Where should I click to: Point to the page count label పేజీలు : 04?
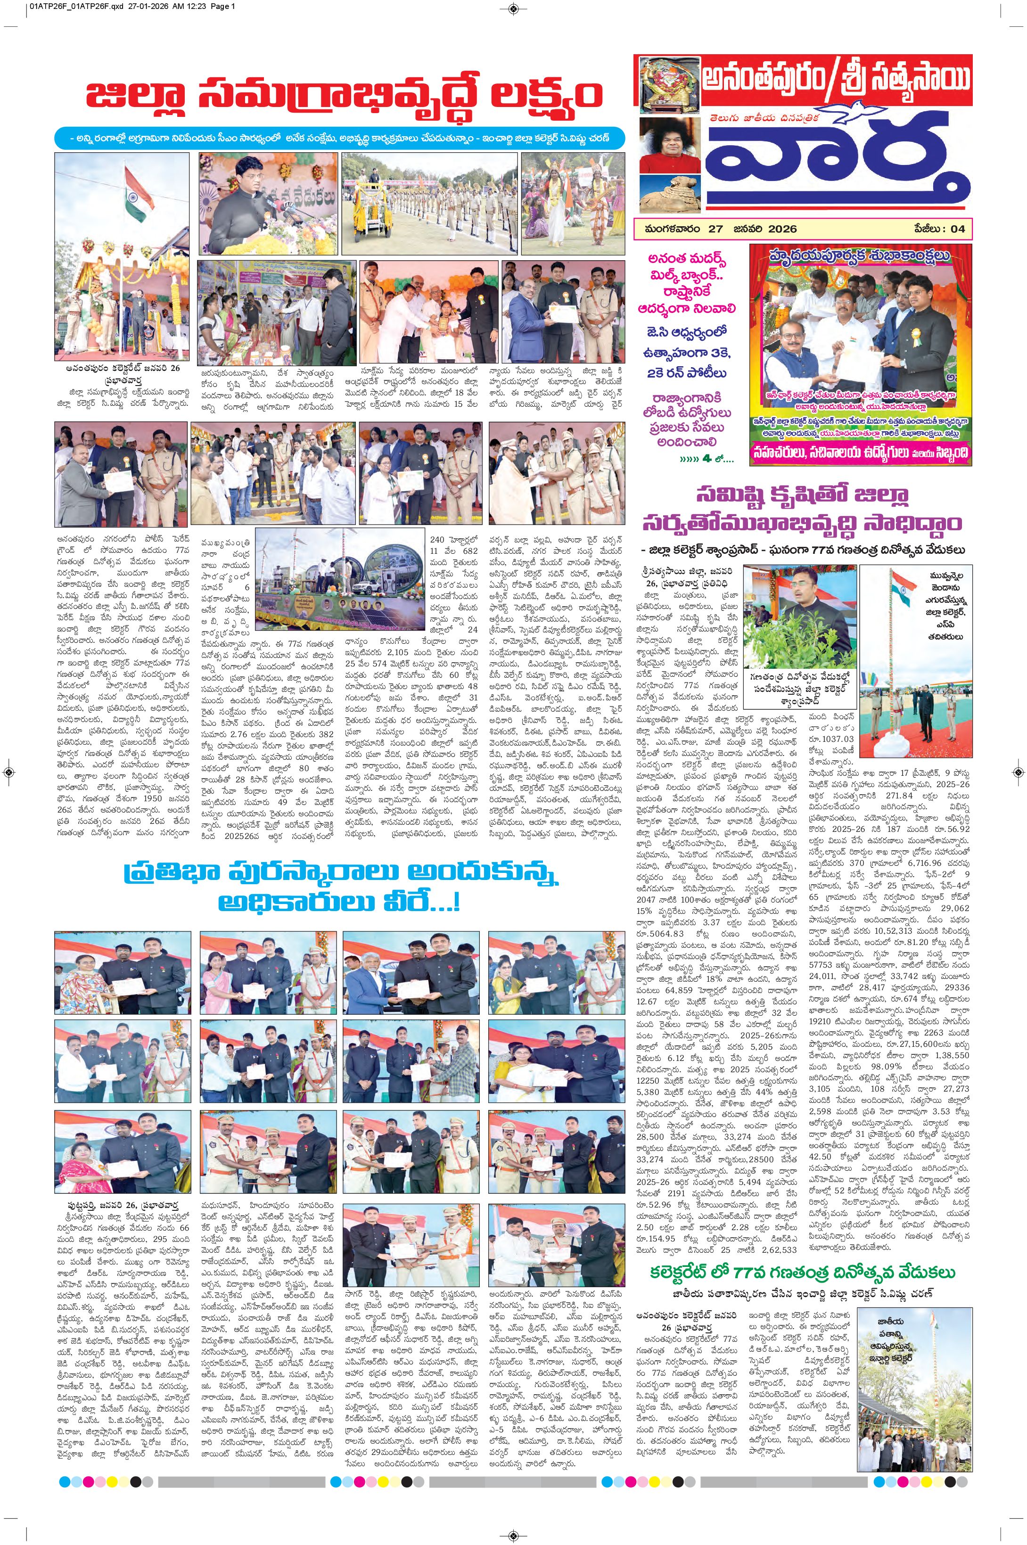pos(940,229)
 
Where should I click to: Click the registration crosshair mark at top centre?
pos(514,8)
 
